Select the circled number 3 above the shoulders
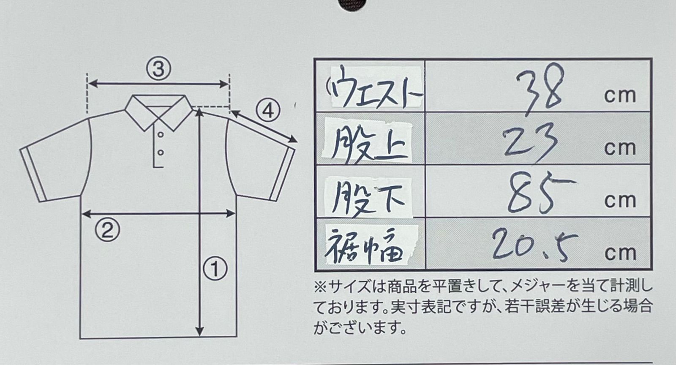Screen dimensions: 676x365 (x=159, y=69)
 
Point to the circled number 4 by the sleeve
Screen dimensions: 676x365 (x=268, y=111)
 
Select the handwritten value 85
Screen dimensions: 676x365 (x=540, y=193)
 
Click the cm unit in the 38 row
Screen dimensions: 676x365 (x=620, y=96)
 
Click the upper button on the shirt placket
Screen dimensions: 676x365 (x=161, y=134)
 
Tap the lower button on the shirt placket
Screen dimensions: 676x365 (x=161, y=153)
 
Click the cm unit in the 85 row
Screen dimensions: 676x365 (x=620, y=201)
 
